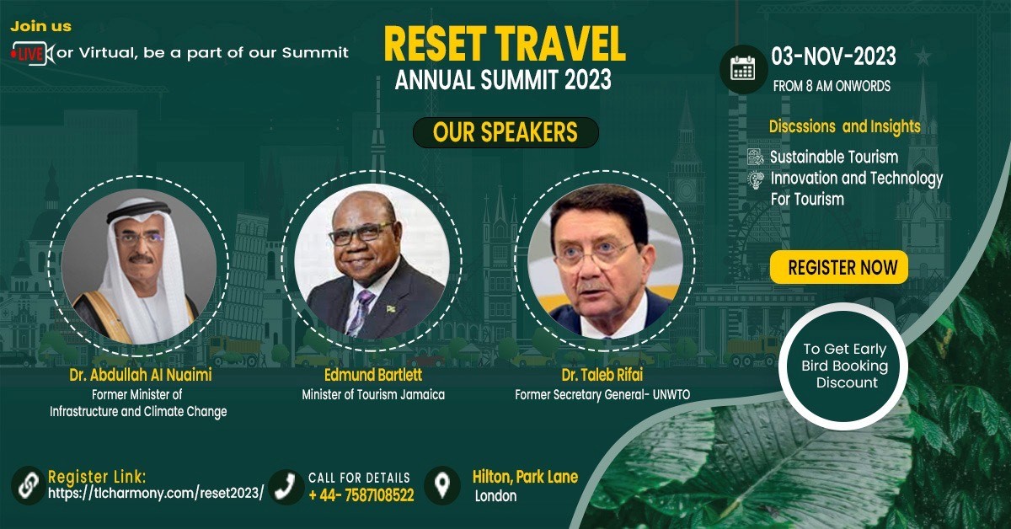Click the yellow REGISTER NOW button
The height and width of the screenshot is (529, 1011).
point(838,268)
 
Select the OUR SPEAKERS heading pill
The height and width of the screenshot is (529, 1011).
point(505,132)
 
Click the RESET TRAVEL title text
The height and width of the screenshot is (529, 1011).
point(505,45)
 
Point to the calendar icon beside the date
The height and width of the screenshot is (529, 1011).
point(742,68)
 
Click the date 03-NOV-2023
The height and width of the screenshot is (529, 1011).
point(833,57)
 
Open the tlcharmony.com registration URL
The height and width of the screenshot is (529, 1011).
point(156,494)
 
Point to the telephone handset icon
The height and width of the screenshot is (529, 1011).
point(287,486)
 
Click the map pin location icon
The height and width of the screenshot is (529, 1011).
point(441,486)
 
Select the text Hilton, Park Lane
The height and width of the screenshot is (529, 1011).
point(525,477)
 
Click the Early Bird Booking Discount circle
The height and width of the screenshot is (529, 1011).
point(845,366)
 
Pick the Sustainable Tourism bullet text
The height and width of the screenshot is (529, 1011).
point(834,157)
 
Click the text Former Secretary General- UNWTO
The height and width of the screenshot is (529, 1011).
point(602,394)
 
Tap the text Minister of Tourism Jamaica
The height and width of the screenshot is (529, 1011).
point(372,394)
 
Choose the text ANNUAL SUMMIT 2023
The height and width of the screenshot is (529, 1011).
point(503,82)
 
